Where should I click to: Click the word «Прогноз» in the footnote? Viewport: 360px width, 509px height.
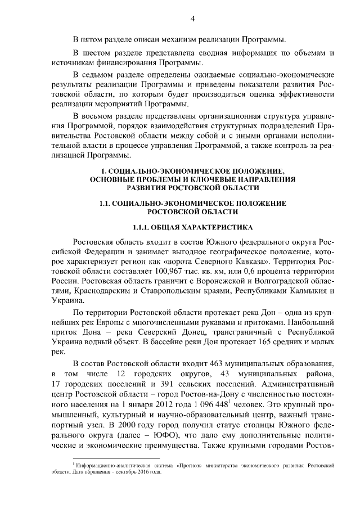click(x=182, y=466)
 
